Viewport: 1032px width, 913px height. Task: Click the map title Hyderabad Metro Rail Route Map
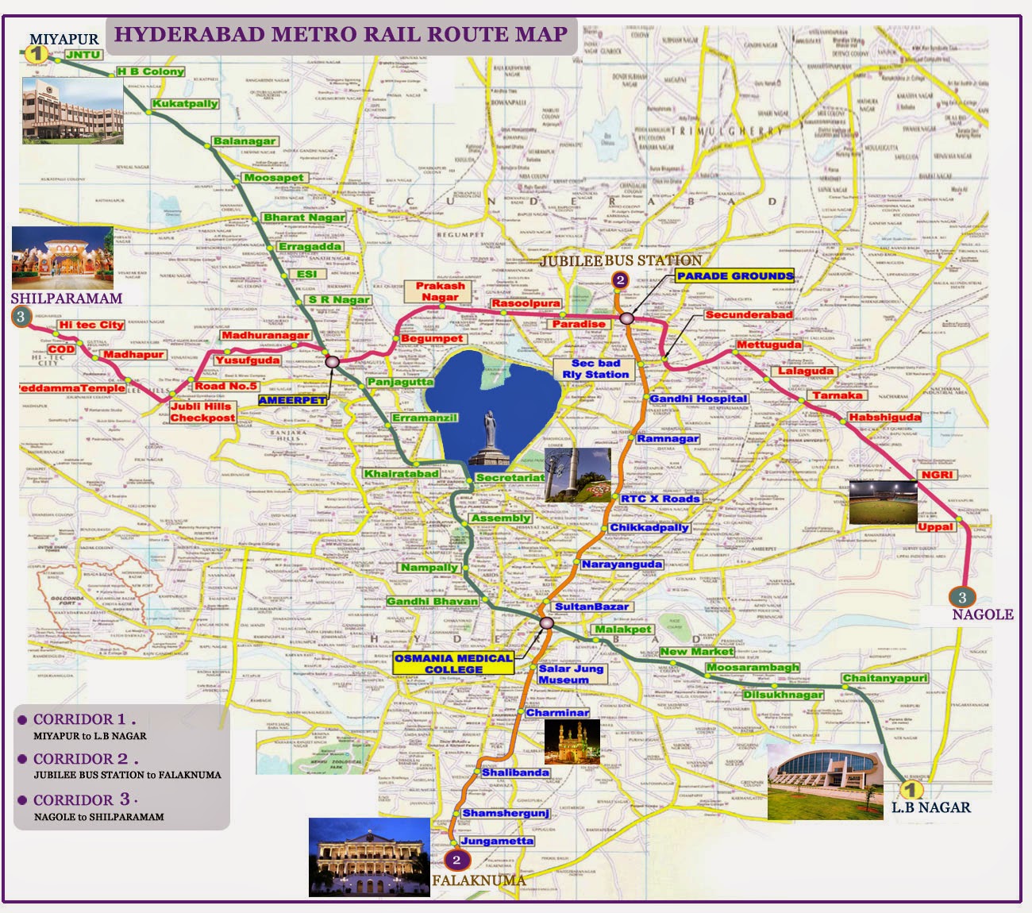341,35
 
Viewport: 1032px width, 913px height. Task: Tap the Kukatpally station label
185,104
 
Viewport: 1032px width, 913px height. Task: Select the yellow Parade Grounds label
734,276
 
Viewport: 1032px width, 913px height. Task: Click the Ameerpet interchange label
292,400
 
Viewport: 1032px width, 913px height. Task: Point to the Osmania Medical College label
453,664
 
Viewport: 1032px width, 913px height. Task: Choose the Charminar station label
557,713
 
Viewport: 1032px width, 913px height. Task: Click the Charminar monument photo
572,743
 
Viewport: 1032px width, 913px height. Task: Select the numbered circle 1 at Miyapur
35,54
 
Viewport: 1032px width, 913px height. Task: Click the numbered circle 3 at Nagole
962,598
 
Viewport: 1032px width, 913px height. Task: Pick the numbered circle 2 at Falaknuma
456,860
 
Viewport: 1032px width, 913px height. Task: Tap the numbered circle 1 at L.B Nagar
911,790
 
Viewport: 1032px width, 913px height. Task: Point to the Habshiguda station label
884,418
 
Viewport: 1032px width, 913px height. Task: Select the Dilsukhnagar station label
783,695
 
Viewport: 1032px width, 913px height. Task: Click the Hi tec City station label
91,325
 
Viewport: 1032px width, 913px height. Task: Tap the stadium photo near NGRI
883,503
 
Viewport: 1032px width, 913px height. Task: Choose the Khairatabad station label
401,474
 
